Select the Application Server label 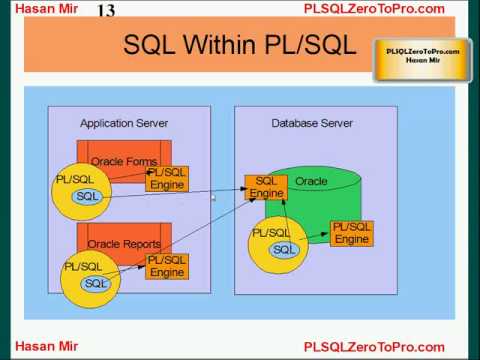(x=124, y=123)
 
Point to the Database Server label (x=312, y=123)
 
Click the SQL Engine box (x=266, y=187)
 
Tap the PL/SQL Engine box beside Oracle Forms (x=167, y=179)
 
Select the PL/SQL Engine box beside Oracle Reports (x=167, y=266)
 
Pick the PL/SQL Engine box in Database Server (x=351, y=233)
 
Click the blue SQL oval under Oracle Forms (x=87, y=196)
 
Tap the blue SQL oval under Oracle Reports (x=96, y=283)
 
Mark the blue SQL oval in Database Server (x=284, y=249)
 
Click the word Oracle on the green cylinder (x=311, y=181)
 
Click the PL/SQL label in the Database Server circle (x=270, y=232)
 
